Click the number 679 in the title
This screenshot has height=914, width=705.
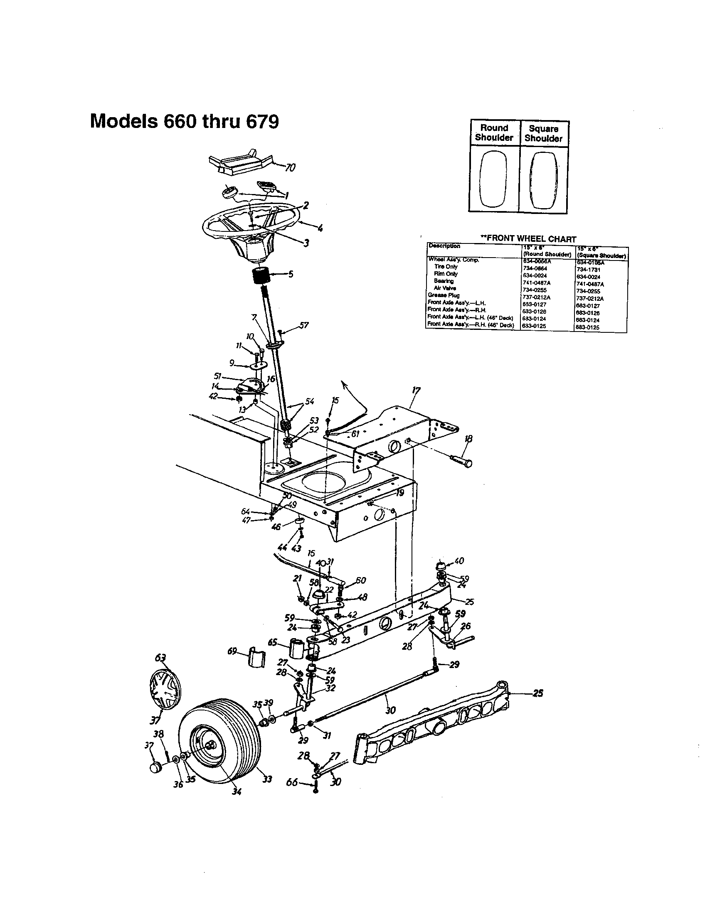tap(261, 122)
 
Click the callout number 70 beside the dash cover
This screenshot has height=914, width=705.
tap(290, 168)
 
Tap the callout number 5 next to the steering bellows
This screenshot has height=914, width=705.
tap(291, 274)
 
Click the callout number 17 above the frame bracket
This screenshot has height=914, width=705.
tap(416, 391)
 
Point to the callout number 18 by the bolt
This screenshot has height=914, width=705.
tap(468, 439)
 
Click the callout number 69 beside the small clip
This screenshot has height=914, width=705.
tap(233, 651)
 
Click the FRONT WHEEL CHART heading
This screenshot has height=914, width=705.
tap(528, 238)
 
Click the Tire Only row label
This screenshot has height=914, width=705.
tap(446, 267)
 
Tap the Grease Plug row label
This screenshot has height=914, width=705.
tap(437, 295)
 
